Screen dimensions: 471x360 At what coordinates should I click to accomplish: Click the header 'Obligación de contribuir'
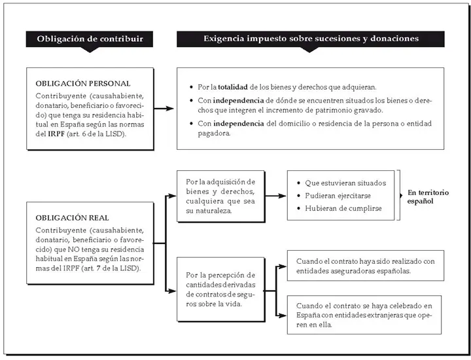tap(90, 39)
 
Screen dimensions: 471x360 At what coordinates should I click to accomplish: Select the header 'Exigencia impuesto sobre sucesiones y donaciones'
tap(311, 39)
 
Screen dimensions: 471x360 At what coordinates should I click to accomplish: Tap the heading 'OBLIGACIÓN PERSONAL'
tap(83, 83)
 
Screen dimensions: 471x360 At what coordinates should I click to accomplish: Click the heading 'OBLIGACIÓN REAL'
tap(72, 217)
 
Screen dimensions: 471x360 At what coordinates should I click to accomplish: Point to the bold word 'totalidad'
tap(233, 87)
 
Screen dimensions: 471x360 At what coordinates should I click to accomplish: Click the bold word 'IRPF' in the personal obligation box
tap(56, 134)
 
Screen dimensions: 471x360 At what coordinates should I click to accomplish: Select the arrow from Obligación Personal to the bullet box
tap(164, 109)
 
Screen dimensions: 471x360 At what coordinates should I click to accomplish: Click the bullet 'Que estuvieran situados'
tap(345, 183)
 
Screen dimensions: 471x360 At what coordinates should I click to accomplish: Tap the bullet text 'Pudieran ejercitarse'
tap(338, 196)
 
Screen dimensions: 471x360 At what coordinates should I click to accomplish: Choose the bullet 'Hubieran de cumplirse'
tap(343, 208)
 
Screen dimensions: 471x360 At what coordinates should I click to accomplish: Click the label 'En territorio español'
tap(428, 197)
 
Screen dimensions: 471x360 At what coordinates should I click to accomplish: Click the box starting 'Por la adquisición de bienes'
tap(221, 196)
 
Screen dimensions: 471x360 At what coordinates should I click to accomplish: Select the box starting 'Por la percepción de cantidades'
tap(221, 289)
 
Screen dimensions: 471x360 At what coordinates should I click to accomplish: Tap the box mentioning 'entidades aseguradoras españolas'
tap(366, 266)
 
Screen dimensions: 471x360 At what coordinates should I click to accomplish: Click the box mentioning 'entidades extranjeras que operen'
tap(364, 315)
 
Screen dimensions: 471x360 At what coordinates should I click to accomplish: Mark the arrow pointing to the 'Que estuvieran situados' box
tap(276, 196)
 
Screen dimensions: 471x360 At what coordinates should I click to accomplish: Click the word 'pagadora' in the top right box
tap(214, 134)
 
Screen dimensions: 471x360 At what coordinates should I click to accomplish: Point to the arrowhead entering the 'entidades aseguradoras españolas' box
tap(283, 266)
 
